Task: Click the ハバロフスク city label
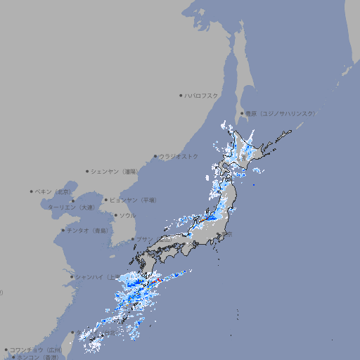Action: coord(202,95)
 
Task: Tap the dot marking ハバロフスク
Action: coord(181,95)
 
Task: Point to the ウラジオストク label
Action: coord(179,156)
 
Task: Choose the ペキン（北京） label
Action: coord(54,191)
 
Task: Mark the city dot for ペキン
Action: coord(32,191)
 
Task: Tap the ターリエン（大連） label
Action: coord(70,207)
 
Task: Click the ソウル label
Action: coord(127,215)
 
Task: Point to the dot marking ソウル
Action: coord(115,215)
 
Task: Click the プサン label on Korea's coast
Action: coord(143,239)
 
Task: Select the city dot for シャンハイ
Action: coord(72,276)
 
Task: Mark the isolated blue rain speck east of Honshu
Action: coord(254,184)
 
